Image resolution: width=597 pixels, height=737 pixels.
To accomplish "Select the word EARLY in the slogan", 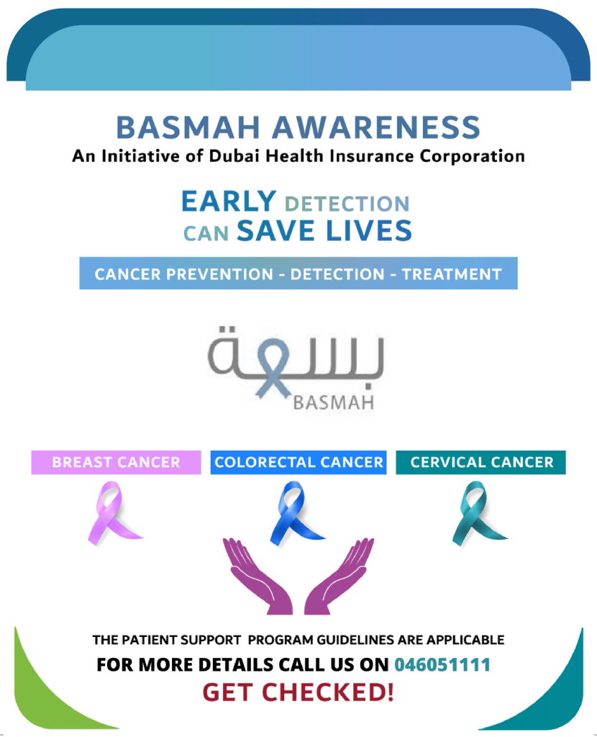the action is (229, 202).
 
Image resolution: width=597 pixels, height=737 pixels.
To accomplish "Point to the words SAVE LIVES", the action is (324, 230).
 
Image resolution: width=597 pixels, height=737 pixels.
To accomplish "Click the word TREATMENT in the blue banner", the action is (452, 274).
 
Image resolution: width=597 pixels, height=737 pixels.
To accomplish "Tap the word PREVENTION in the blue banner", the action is (220, 274).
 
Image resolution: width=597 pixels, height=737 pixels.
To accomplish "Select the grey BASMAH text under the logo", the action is (334, 403).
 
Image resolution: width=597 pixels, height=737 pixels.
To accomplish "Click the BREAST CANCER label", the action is (116, 463).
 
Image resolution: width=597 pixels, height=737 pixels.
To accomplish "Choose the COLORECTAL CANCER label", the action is (298, 463).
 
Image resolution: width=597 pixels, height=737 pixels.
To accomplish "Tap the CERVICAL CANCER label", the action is (481, 463).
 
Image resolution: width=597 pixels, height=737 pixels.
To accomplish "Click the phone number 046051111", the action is (442, 664).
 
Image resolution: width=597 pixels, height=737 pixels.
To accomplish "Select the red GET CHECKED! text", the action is (298, 692).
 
